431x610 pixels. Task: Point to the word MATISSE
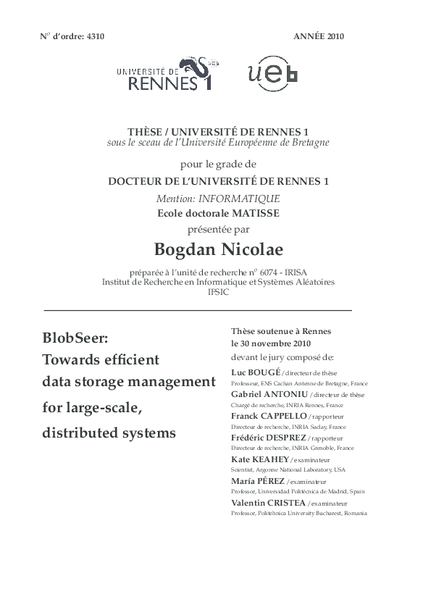pyautogui.click(x=254, y=213)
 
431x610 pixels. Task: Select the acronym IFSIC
pyautogui.click(x=217, y=291)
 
